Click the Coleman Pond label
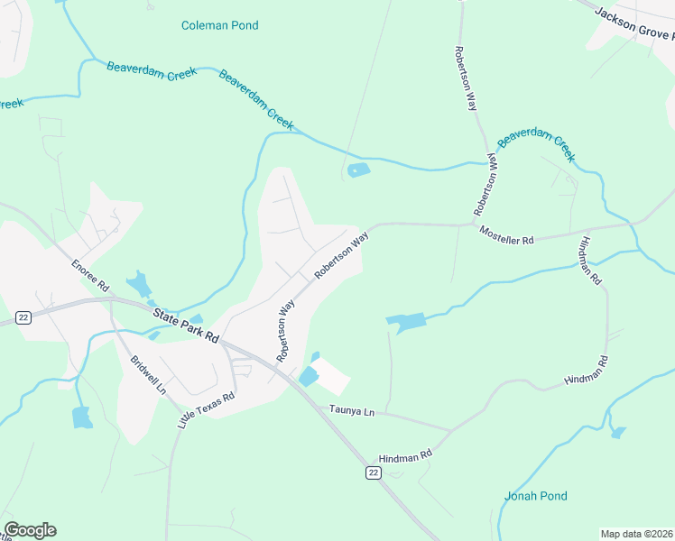coord(219,25)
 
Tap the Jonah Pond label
coord(535,496)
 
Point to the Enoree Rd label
coord(90,274)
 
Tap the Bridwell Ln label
coord(148,374)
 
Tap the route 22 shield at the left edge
coord(23,316)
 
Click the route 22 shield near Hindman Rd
coord(373,472)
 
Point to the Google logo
coord(30,530)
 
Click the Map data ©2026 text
coord(636,534)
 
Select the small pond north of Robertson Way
coord(358,170)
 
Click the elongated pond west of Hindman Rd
coord(405,322)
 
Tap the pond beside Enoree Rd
coord(139,286)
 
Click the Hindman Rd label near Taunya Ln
coord(405,458)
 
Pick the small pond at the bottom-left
coord(81,417)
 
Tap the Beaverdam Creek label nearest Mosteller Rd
coord(536,144)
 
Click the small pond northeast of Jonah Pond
coord(618,433)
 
